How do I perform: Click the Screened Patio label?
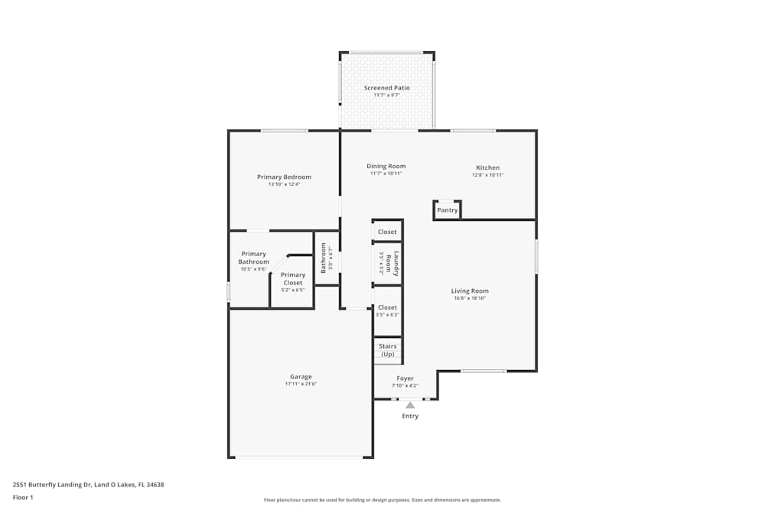point(386,88)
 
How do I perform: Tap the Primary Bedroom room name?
point(284,177)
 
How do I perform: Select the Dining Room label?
point(386,166)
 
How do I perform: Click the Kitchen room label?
point(487,167)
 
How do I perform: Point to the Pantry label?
point(448,210)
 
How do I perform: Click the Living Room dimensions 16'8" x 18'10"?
point(469,298)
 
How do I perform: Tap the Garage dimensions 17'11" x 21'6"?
point(301,384)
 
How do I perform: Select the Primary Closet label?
point(293,278)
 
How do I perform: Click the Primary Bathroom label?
point(253,258)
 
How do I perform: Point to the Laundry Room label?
point(389,264)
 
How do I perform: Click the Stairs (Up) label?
point(388,350)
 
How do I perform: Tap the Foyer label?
point(405,378)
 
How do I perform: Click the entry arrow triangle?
point(410,405)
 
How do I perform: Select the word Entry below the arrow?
point(410,416)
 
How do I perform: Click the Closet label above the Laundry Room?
point(387,232)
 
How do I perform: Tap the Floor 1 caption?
point(23,497)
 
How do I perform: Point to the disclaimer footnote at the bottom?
point(382,500)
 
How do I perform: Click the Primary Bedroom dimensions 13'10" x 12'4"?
point(284,184)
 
